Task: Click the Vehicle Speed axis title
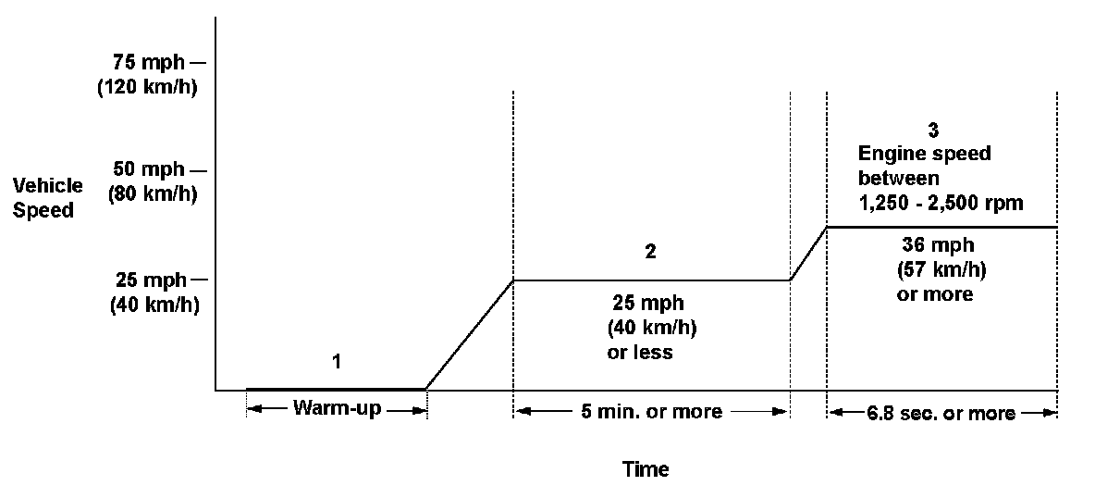[x=47, y=197]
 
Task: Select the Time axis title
[x=646, y=469]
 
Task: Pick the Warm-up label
[x=336, y=409]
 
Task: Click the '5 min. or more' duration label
[x=650, y=412]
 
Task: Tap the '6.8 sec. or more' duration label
[x=941, y=413]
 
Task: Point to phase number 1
[x=337, y=361]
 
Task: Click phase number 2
[x=650, y=252]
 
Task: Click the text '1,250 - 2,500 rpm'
[x=941, y=203]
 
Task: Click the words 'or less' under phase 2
[x=638, y=353]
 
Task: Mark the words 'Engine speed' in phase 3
[x=924, y=154]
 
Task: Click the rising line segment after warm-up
[x=469, y=335]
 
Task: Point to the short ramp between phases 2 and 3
[x=808, y=253]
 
